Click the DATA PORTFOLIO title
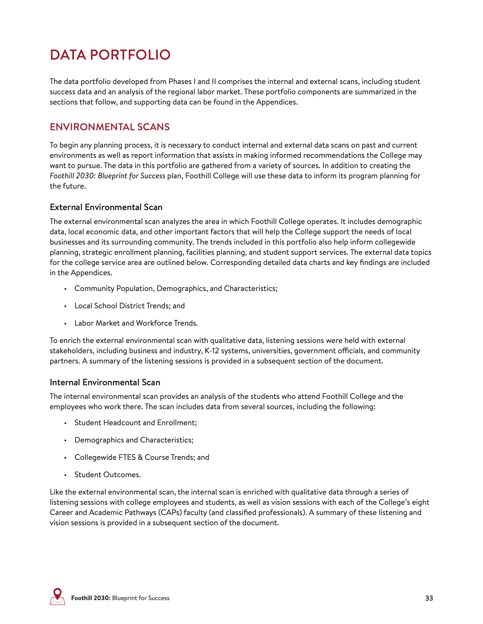coord(110,55)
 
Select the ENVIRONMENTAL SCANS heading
coord(110,127)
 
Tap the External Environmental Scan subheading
coord(106,207)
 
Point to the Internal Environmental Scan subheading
coord(105,382)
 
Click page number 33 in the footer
coord(429,598)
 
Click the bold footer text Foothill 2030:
coord(91,598)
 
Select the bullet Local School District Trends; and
coord(129,306)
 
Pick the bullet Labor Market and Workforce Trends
coord(136,323)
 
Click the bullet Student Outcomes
coord(107,475)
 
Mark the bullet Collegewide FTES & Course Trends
coord(142,457)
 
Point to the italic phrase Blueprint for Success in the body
coord(131,176)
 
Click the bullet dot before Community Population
coord(65,289)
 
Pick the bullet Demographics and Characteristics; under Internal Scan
coord(134,440)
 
